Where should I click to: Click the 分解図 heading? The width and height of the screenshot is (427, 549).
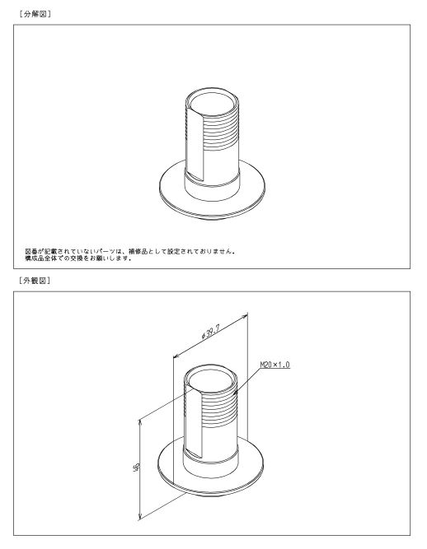(x=35, y=14)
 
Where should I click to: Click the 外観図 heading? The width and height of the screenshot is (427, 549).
(x=35, y=281)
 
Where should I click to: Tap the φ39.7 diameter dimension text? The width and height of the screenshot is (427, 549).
(x=211, y=332)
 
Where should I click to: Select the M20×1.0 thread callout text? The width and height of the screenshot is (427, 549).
(x=274, y=365)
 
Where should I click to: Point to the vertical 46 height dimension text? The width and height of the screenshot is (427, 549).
(x=137, y=467)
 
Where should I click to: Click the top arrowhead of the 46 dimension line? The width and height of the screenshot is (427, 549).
(x=140, y=422)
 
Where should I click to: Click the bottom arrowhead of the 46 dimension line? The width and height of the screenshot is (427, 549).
(x=140, y=516)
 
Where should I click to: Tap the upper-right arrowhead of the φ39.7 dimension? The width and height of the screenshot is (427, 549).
(x=245, y=317)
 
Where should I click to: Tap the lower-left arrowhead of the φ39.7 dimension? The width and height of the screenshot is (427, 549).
(x=176, y=356)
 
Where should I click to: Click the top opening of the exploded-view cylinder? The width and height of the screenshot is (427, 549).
(x=212, y=102)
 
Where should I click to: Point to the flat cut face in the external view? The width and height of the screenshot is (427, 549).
(x=194, y=423)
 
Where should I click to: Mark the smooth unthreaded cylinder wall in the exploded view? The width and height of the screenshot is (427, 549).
(x=222, y=165)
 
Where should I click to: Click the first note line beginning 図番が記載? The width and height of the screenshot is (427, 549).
(x=130, y=251)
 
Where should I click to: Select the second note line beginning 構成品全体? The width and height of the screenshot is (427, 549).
(x=78, y=258)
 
